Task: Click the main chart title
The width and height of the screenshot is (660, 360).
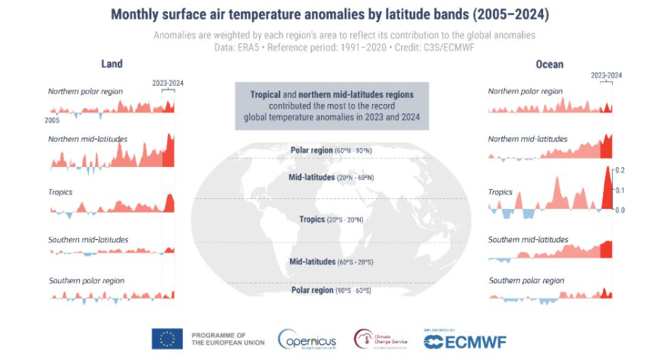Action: click(330, 14)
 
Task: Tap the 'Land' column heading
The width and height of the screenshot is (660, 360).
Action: click(112, 64)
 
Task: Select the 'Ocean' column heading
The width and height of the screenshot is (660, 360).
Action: click(549, 65)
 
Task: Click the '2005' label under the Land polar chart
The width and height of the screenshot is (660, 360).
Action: click(52, 120)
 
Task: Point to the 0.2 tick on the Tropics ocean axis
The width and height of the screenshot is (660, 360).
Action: click(621, 169)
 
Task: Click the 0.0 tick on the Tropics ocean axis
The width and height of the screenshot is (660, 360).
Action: click(621, 210)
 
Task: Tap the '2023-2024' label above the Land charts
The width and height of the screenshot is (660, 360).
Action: click(168, 83)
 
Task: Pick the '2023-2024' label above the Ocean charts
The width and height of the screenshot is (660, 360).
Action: click(605, 76)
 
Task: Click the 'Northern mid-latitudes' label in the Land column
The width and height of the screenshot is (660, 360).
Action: click(87, 139)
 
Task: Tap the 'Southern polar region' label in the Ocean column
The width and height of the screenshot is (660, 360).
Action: click(526, 280)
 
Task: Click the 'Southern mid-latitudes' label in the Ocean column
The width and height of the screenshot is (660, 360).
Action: click(526, 239)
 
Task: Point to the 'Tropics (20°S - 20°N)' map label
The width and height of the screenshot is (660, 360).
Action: click(331, 219)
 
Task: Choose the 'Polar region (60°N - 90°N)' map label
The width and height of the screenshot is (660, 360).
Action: click(331, 150)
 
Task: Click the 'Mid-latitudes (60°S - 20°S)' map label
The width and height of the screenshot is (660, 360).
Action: click(331, 262)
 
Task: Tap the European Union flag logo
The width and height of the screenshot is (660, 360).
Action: click(166, 339)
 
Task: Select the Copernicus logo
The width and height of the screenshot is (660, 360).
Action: click(307, 339)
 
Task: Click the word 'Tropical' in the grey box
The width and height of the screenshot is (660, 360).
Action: click(267, 94)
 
